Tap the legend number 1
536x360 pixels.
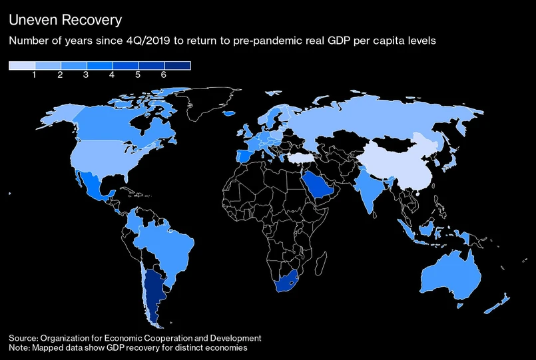point(34,75)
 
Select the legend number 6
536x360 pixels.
point(163,75)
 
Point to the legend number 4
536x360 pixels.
point(112,75)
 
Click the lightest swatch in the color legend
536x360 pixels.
point(21,65)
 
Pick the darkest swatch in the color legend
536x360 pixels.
point(178,65)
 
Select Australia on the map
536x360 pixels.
point(449,278)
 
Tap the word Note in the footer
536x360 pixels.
point(19,348)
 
